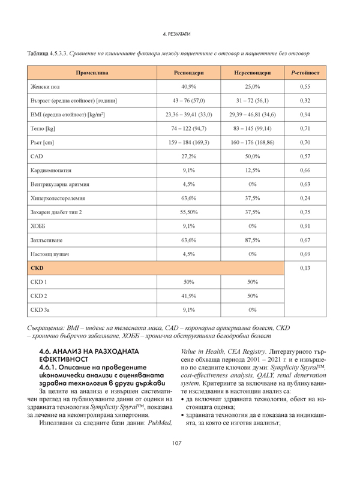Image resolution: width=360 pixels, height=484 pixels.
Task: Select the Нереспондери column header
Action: pos(252,73)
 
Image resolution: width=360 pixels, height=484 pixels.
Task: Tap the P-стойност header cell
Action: pos(305,73)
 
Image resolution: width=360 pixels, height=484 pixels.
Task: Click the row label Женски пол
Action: pos(46,87)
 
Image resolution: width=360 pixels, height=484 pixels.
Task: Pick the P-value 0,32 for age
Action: pos(305,101)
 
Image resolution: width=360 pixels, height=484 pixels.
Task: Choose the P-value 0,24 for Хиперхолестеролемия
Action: pos(305,198)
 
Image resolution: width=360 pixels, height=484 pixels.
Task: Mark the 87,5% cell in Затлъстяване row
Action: pos(252,240)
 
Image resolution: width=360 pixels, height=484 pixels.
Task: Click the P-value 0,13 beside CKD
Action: pos(305,268)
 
